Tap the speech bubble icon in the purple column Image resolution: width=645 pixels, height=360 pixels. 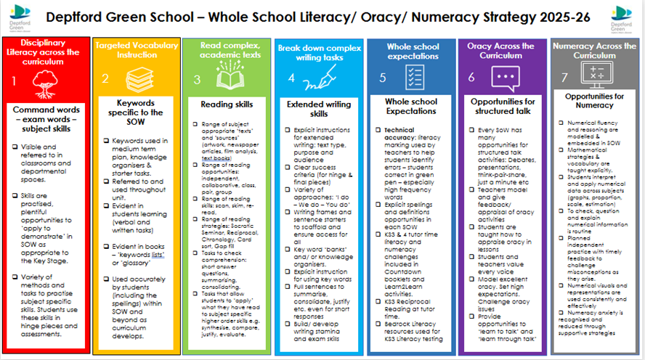coord(503,78)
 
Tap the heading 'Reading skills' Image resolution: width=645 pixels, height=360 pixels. coord(227,105)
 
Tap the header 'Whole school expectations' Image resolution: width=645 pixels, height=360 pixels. coord(413,51)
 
